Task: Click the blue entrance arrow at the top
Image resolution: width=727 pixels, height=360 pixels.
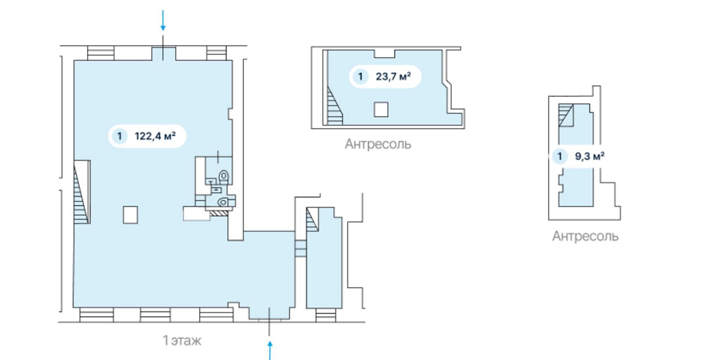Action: [x=163, y=21]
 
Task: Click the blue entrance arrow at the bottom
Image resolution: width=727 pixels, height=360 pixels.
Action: [x=270, y=350]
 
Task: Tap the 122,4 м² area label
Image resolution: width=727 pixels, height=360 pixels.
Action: [x=155, y=136]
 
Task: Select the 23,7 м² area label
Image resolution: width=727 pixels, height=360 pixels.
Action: [x=393, y=76]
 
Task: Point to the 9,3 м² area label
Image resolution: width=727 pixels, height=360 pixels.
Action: [x=589, y=157]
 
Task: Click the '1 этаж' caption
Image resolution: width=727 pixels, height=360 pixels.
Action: [x=182, y=340]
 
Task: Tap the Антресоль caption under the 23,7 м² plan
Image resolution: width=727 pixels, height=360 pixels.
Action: [x=378, y=144]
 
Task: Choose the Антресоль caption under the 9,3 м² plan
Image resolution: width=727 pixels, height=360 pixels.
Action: [x=585, y=236]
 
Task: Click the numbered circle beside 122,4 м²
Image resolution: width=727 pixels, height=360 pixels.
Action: [x=120, y=136]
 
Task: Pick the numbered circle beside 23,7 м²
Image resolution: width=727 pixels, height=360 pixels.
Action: [x=360, y=76]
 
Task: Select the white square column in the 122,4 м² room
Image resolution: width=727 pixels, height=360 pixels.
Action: [x=130, y=215]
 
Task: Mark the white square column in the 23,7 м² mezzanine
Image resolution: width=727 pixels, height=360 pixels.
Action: [x=381, y=109]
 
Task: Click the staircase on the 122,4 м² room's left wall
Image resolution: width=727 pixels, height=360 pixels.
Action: [x=82, y=192]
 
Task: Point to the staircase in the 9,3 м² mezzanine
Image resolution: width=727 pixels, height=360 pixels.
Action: [x=566, y=115]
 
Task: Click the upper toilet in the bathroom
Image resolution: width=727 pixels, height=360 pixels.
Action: [x=224, y=176]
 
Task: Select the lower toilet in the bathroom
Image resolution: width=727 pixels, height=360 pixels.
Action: [x=223, y=202]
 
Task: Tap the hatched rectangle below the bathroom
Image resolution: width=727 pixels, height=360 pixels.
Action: [x=219, y=213]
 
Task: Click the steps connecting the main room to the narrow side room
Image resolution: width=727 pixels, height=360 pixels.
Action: [x=300, y=248]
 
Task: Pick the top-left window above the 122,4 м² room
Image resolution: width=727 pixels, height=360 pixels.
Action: [x=101, y=53]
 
